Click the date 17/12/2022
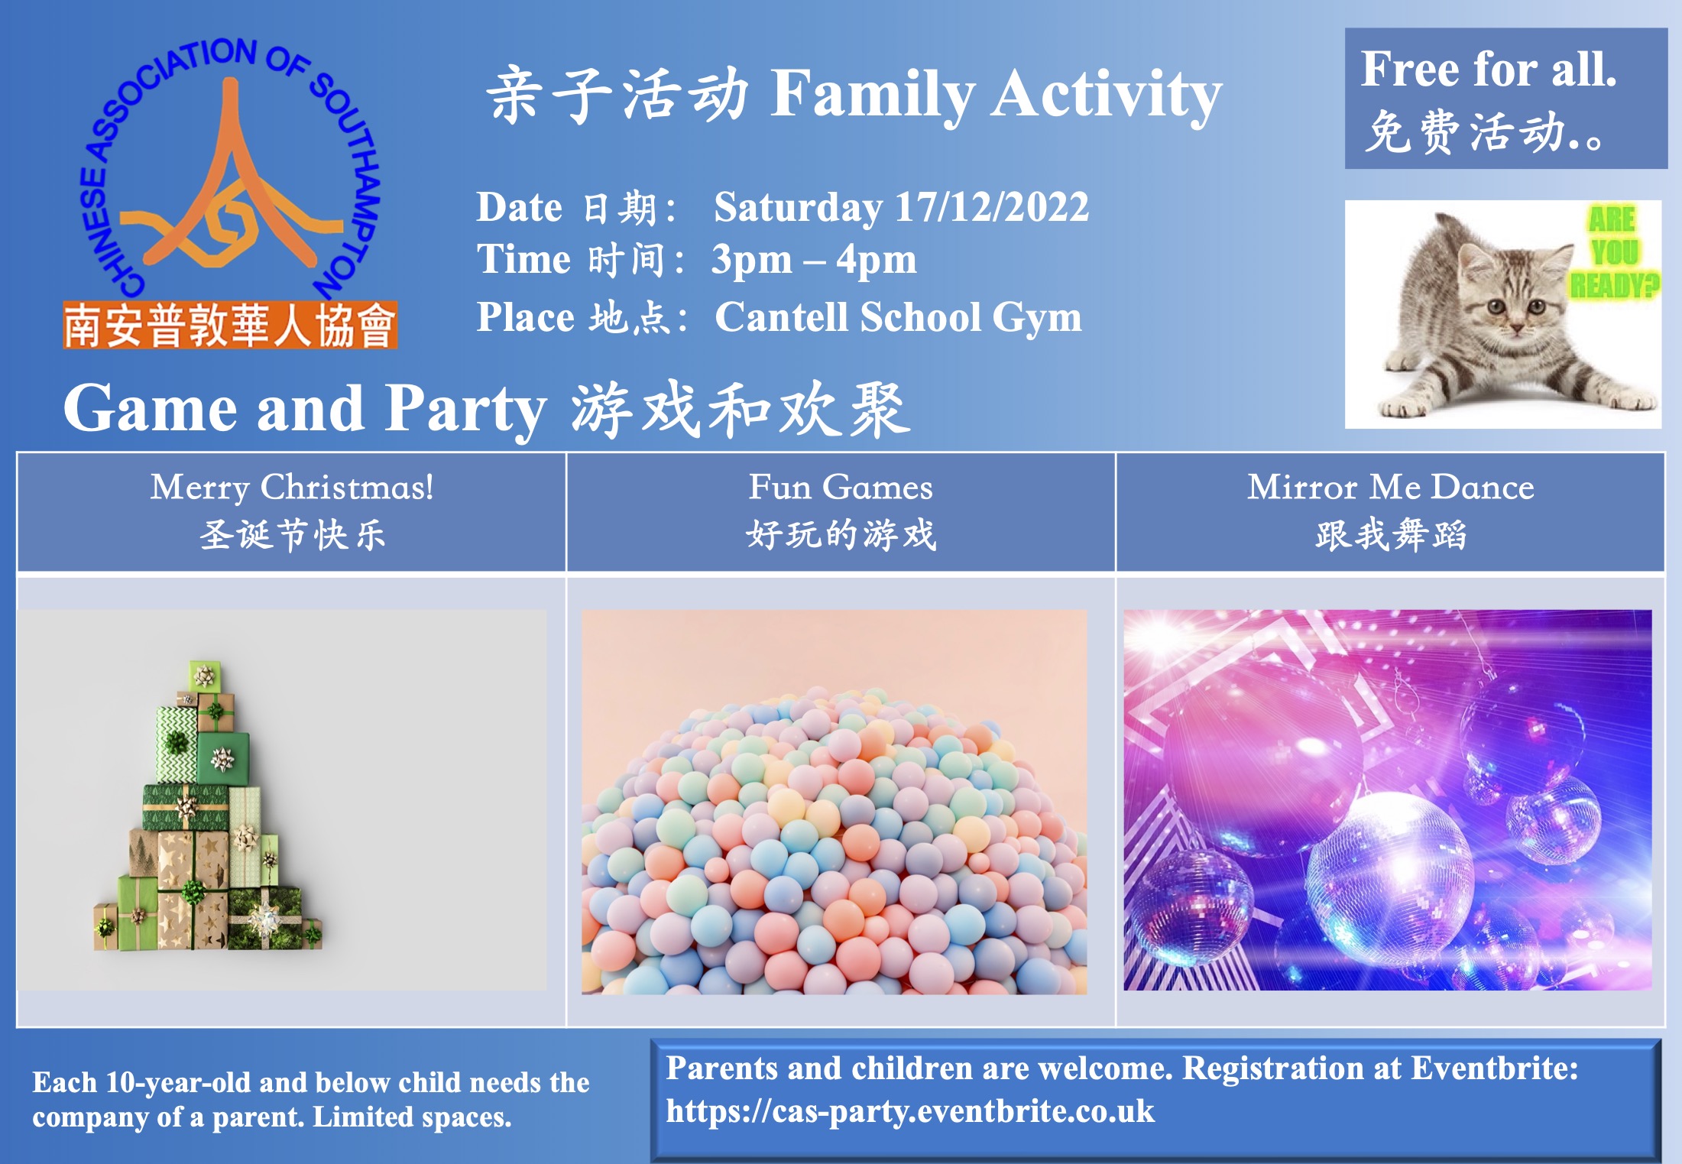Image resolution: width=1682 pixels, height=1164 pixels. pyautogui.click(x=992, y=207)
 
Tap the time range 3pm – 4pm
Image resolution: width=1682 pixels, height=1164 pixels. pyautogui.click(x=814, y=260)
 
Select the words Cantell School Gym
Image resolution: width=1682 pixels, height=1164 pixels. pyautogui.click(x=899, y=317)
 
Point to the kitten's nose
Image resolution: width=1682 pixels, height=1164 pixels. pyautogui.click(x=1516, y=327)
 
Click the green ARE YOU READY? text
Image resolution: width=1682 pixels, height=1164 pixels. pyautogui.click(x=1613, y=252)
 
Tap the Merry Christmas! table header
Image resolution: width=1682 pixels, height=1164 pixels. pyautogui.click(x=292, y=488)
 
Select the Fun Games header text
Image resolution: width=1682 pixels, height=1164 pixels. pyautogui.click(x=841, y=488)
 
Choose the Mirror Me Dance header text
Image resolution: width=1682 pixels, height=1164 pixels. pyautogui.click(x=1391, y=488)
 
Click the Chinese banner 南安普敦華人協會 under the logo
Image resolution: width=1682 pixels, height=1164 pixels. pyautogui.click(x=230, y=326)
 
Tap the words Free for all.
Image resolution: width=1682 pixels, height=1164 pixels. pyautogui.click(x=1489, y=69)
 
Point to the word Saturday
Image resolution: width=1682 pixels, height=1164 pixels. pyautogui.click(x=798, y=208)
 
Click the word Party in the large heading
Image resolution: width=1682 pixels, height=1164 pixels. pyautogui.click(x=465, y=410)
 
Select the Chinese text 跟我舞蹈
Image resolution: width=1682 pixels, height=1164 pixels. pyautogui.click(x=1391, y=534)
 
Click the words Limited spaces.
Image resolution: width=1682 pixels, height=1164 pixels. pyautogui.click(x=412, y=1117)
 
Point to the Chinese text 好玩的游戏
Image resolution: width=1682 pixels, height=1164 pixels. pyautogui.click(x=841, y=534)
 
